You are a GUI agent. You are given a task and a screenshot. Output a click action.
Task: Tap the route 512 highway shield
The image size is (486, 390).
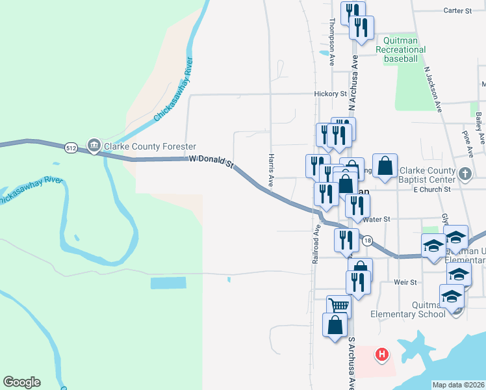70,148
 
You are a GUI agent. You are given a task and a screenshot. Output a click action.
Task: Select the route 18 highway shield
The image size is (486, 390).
367,240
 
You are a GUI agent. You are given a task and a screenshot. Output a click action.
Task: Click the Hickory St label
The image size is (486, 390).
330,94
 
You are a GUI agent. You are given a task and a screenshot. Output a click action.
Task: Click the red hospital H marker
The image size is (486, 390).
383,354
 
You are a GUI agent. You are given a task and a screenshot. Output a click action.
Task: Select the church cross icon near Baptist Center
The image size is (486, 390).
464,174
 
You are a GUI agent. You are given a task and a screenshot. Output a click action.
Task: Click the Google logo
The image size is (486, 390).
21,382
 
